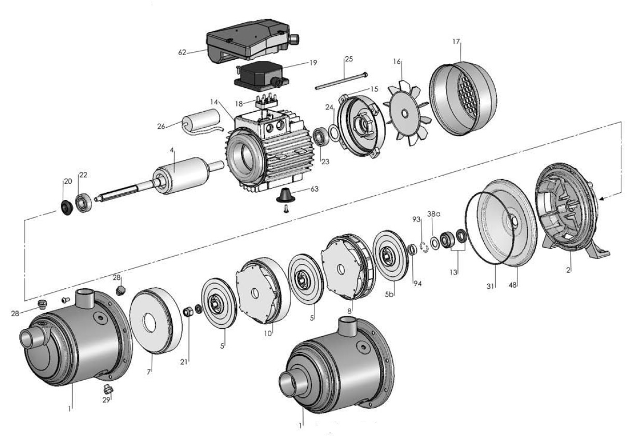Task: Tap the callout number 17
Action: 456,41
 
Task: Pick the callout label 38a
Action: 433,214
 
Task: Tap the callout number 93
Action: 416,220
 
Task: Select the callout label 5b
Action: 390,294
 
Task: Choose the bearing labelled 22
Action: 85,203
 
